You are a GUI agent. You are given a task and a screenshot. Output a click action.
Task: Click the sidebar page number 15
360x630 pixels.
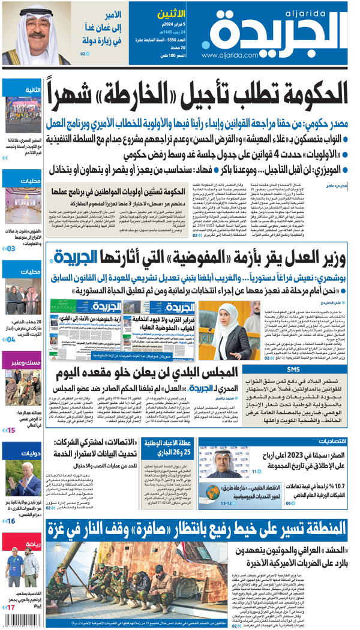[x=11, y=430]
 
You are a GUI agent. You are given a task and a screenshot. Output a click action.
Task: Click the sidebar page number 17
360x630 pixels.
[x=11, y=608]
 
